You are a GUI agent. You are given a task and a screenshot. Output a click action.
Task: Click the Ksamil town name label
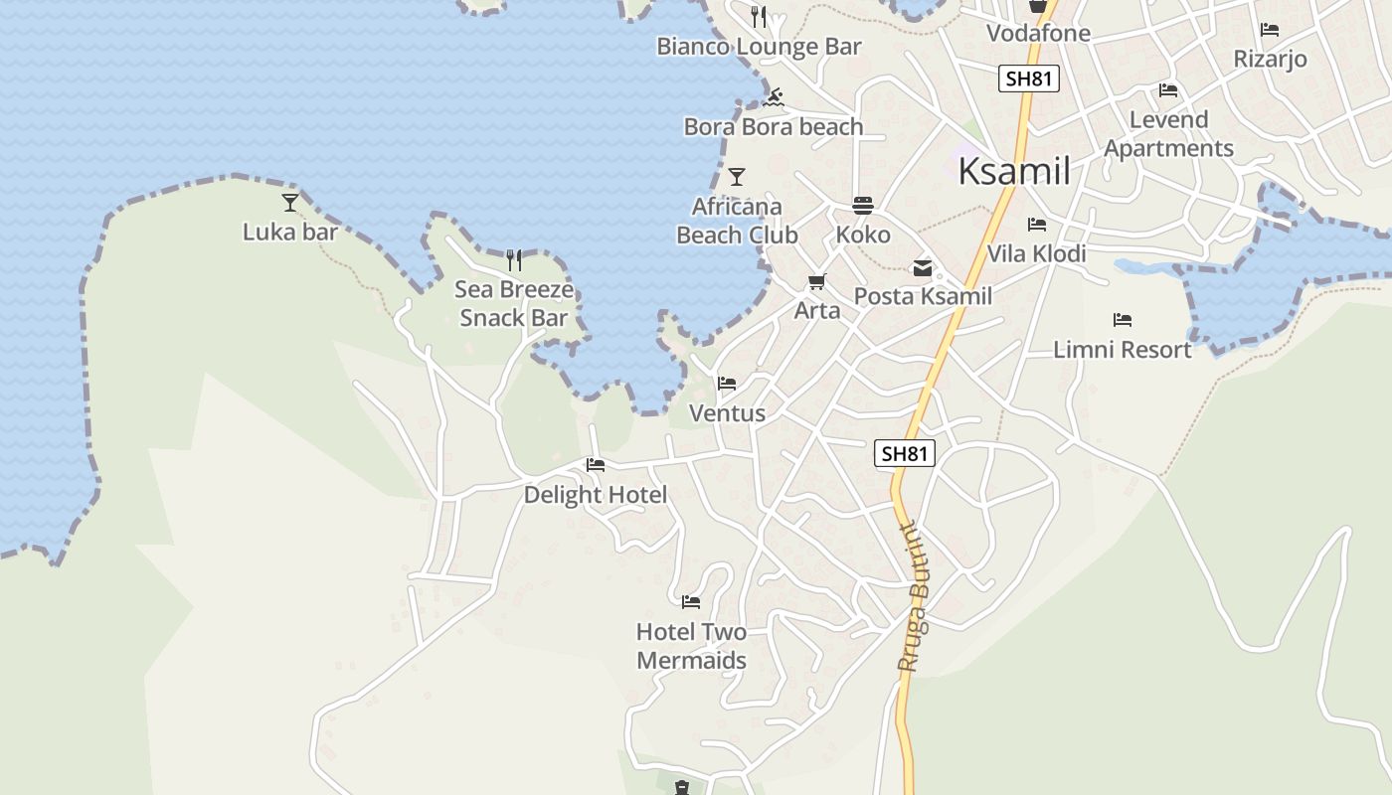[1014, 172]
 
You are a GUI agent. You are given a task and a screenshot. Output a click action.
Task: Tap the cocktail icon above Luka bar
[290, 203]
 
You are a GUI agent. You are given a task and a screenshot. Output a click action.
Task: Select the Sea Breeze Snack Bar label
[514, 304]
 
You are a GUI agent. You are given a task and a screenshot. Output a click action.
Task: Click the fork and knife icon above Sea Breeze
[514, 260]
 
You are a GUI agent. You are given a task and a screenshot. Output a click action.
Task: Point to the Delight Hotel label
[596, 495]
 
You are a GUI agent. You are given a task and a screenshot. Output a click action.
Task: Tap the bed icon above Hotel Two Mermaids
[691, 602]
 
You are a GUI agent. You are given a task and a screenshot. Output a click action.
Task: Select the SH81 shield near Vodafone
[1029, 79]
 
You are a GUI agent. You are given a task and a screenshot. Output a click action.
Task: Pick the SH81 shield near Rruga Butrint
[905, 454]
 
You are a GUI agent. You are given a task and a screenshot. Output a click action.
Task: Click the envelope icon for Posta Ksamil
[923, 267]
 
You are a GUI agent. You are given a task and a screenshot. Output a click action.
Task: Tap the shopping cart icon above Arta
[817, 282]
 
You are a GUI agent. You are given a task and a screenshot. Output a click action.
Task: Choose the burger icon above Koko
[863, 206]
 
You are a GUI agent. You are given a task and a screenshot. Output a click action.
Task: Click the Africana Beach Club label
[737, 221]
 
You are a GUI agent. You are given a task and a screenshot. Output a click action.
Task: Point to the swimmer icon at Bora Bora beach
[775, 97]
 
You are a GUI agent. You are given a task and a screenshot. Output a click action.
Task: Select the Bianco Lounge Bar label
[759, 47]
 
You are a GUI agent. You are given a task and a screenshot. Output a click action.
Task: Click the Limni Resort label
[1122, 350]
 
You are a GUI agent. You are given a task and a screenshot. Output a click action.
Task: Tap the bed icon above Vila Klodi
[1037, 225]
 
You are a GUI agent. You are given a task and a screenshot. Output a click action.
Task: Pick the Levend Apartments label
[1168, 134]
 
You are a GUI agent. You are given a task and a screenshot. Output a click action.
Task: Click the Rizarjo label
[1270, 59]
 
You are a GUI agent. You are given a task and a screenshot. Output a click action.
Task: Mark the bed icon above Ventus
[727, 384]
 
